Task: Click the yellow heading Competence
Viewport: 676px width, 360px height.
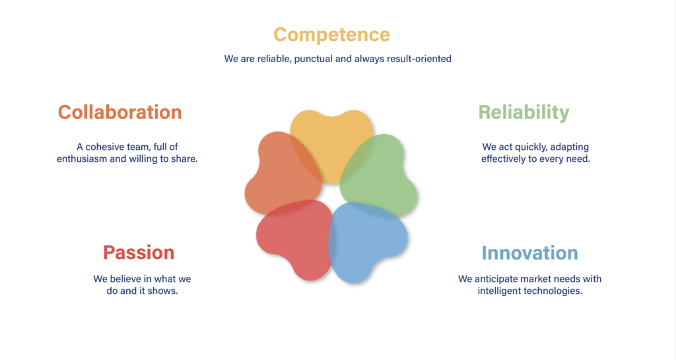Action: pyautogui.click(x=331, y=35)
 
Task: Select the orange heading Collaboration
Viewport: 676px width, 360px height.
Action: pyautogui.click(x=120, y=112)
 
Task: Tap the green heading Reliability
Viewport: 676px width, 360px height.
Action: pyautogui.click(x=524, y=112)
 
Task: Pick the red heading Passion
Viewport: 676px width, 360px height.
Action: pyautogui.click(x=139, y=252)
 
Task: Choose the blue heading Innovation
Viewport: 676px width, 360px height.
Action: pyautogui.click(x=530, y=252)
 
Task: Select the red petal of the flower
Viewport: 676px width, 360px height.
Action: pyautogui.click(x=295, y=237)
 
